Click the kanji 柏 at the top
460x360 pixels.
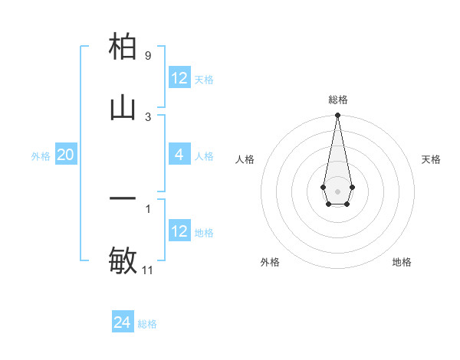[123, 47]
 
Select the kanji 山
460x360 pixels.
[123, 108]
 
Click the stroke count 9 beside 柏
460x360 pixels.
[148, 56]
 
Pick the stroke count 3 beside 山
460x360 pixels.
[148, 116]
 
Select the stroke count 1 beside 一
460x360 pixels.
[148, 208]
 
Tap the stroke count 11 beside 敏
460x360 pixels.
[148, 270]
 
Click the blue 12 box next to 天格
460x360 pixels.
[179, 78]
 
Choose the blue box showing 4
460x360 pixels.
[179, 155]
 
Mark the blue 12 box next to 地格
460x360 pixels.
[179, 231]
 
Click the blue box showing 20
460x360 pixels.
[66, 155]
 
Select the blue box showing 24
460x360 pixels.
[123, 322]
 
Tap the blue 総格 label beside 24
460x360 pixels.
[148, 324]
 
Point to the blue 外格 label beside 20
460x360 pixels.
[41, 156]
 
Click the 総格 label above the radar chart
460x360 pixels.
[337, 100]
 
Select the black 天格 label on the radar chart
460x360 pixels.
[432, 159]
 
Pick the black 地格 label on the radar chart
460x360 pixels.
[402, 262]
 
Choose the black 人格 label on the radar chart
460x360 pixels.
[245, 159]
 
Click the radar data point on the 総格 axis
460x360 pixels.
[337, 116]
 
